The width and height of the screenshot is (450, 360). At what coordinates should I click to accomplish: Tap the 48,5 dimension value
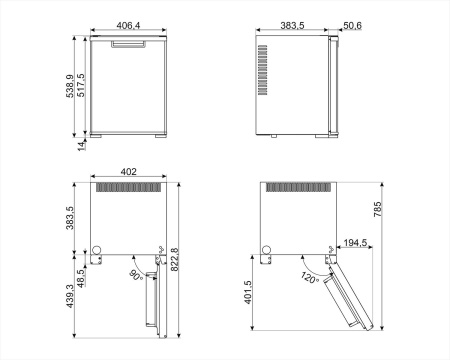coord(82,277)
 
